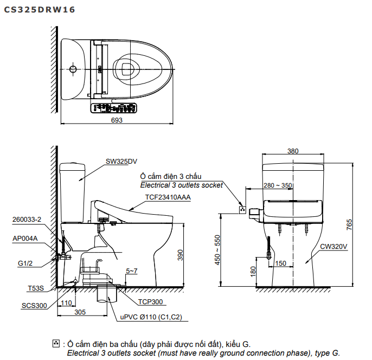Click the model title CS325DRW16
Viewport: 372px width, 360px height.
40,9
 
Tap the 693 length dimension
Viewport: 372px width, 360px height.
117,120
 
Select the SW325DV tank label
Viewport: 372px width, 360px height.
121,160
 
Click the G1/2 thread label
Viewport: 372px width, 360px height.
25,263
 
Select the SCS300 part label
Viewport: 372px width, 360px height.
34,306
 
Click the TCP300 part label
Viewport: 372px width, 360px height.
151,302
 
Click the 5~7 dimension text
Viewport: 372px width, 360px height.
132,270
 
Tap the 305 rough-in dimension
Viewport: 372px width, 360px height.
79,312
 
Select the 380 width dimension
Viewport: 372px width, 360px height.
293,151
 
